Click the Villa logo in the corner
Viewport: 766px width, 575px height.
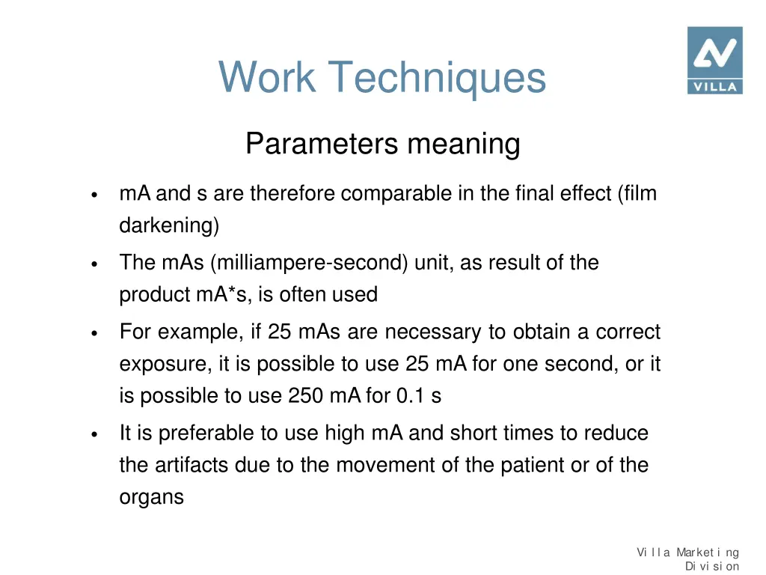(714, 60)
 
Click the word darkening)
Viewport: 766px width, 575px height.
(169, 225)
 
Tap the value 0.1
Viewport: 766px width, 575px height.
(411, 396)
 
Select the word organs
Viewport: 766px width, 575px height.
(151, 497)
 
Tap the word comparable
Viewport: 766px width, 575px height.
(407, 194)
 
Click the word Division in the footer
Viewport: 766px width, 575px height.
(711, 567)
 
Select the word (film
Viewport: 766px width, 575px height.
(637, 194)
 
